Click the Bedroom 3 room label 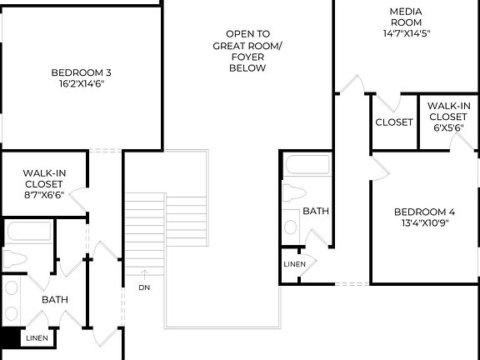point(81,72)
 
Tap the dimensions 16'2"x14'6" point(81,84)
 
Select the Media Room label point(406,17)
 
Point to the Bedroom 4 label point(424,212)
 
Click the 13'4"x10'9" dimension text point(424,223)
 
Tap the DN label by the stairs point(144,287)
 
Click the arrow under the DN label point(144,273)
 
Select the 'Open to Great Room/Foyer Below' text point(247,51)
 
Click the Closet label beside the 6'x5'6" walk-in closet point(394,122)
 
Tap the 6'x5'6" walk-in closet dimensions point(449,129)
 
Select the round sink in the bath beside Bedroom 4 point(292,224)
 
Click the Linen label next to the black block point(37,338)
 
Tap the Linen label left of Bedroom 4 point(294,264)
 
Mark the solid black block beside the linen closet point(10,337)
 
